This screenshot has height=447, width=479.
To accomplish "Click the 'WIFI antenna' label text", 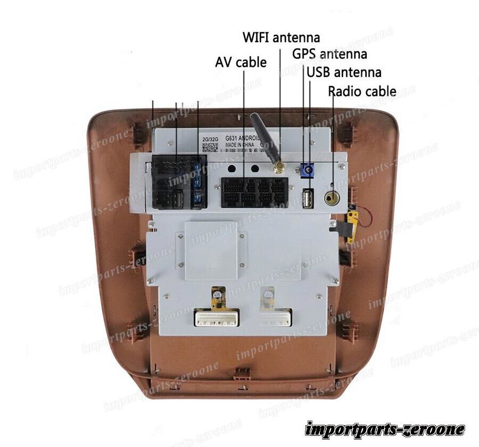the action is pos(282,38).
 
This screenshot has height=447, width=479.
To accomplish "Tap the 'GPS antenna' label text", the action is pos(329,54).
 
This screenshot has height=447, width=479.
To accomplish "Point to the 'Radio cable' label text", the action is pos(362,91).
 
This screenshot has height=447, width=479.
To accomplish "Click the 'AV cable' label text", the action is pos(241,62).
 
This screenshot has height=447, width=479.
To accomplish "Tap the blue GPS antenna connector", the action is pos(308,171).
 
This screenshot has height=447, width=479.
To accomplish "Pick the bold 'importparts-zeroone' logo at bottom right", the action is pos(385,429).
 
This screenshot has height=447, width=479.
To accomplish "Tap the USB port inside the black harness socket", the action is pos(179,199).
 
